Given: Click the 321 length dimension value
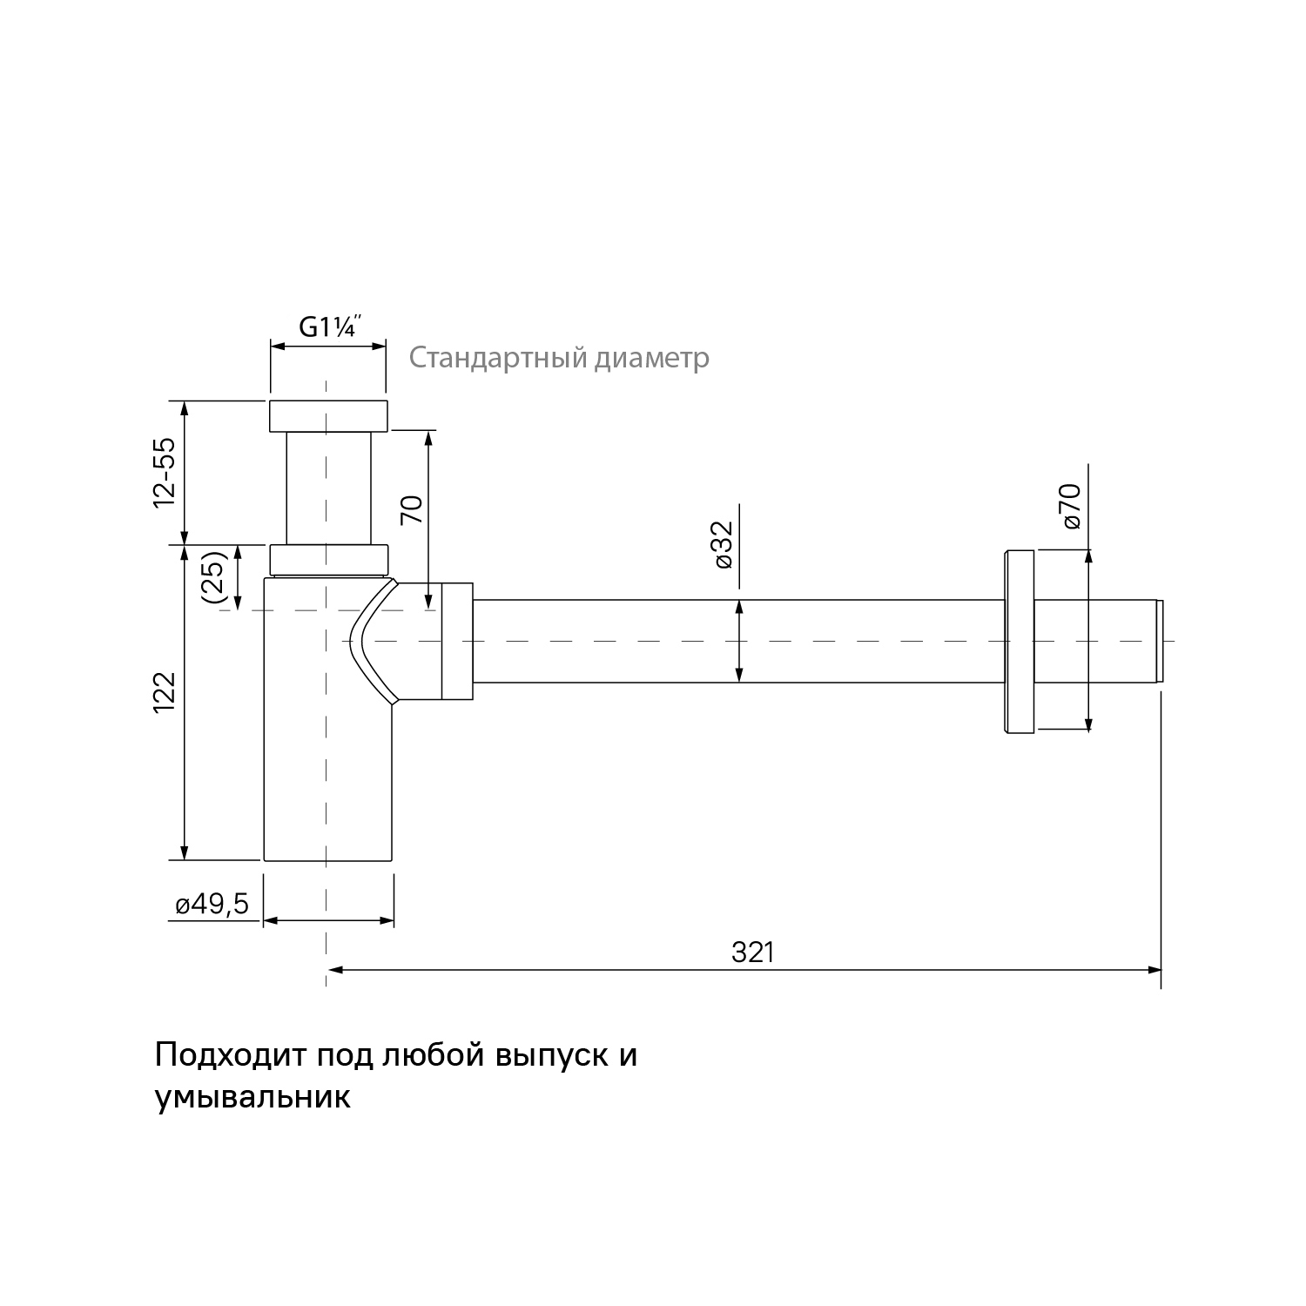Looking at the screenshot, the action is (x=752, y=953).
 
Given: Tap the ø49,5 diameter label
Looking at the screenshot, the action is (x=212, y=905).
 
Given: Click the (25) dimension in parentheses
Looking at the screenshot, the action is (x=214, y=576).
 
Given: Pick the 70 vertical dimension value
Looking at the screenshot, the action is (x=411, y=508).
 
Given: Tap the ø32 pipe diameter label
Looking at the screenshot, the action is (x=723, y=544).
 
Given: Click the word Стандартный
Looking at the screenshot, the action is (x=499, y=358).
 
